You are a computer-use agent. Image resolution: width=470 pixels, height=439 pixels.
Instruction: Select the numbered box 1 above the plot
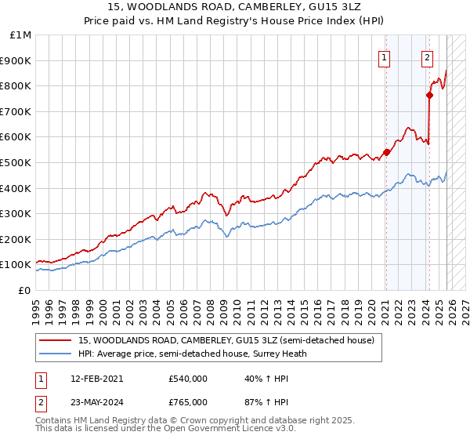385,56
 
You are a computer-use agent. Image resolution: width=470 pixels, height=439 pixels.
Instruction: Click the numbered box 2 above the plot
427,56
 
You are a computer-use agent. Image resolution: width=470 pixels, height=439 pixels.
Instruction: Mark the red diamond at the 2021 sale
386,152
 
